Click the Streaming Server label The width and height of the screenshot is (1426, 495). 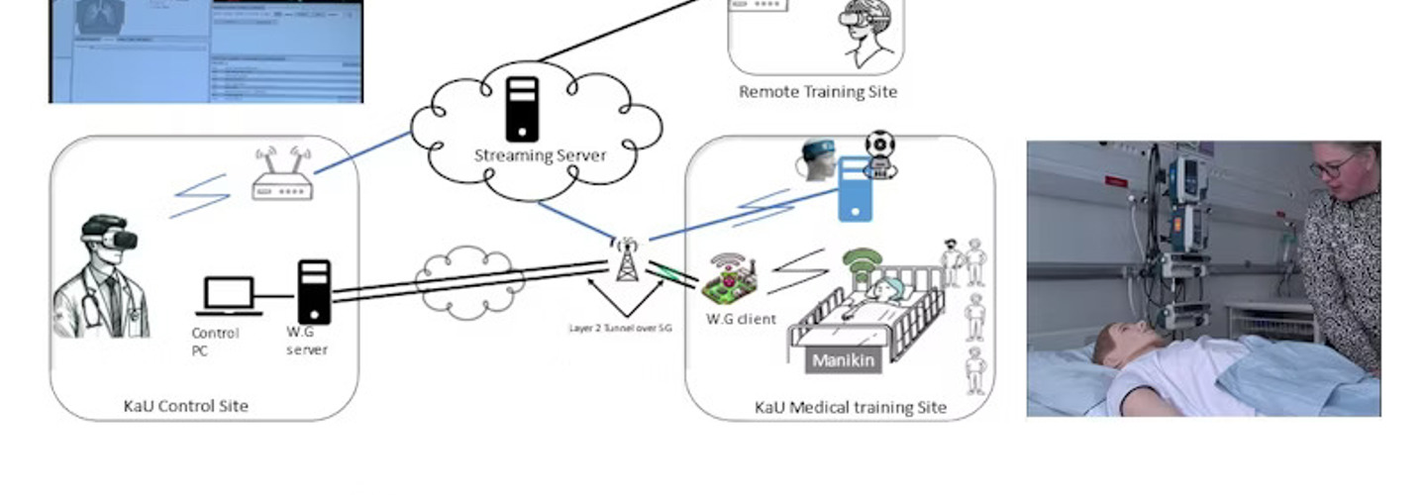[x=540, y=155]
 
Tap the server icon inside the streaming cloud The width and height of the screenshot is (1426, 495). [x=522, y=109]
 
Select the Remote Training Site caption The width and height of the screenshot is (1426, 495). [x=818, y=92]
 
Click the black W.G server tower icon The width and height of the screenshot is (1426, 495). [x=314, y=292]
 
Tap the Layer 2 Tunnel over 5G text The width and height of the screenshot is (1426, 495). [x=621, y=327]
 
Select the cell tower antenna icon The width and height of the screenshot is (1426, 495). [x=625, y=260]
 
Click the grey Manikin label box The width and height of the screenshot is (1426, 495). [x=843, y=360]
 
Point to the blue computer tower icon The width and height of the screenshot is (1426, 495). [x=855, y=189]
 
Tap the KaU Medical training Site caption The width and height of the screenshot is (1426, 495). [x=850, y=407]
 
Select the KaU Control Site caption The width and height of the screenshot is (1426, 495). [x=185, y=406]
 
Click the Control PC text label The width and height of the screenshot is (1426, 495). [x=215, y=342]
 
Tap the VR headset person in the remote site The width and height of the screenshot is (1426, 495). [x=866, y=30]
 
